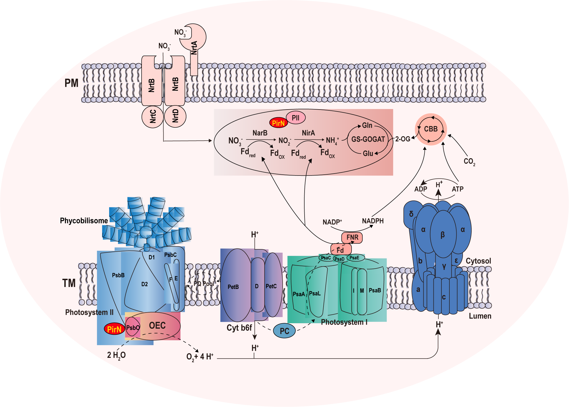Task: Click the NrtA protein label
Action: tap(194, 48)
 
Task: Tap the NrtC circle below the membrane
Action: tap(153, 116)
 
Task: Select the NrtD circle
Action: tap(175, 116)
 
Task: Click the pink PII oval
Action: tap(295, 118)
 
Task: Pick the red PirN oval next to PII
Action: tap(278, 123)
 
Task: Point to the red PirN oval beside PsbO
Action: tap(114, 329)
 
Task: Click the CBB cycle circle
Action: tap(431, 129)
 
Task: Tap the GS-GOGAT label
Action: tap(368, 139)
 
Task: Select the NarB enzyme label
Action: tap(260, 133)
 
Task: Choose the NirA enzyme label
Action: tap(308, 133)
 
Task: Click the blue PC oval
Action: tap(284, 331)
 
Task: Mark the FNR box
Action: tap(352, 237)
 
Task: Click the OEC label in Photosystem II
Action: tap(157, 325)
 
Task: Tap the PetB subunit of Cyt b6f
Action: tap(233, 287)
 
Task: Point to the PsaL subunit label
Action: tap(315, 293)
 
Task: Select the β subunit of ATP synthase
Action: tap(443, 235)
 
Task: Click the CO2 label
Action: tap(469, 161)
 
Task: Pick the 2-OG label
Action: tap(403, 139)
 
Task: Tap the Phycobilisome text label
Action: tap(84, 221)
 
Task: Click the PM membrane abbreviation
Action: tap(71, 83)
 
